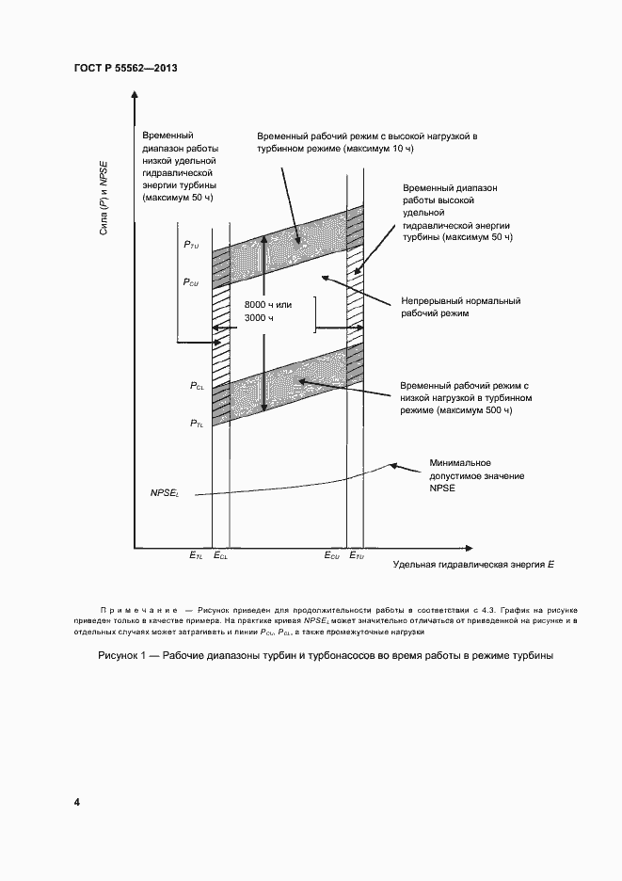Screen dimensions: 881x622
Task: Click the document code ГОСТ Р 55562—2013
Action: (x=125, y=69)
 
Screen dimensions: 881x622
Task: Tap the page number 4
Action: (x=77, y=802)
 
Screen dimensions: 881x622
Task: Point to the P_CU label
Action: (x=191, y=281)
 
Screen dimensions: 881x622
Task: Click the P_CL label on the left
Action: (x=197, y=386)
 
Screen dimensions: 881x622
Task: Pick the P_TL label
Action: (x=197, y=424)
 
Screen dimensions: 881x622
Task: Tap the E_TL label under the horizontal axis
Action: (x=197, y=557)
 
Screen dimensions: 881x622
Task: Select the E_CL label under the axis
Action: (x=221, y=557)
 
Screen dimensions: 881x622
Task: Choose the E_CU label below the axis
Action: (x=332, y=557)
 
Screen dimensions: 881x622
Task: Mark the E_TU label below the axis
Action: (x=358, y=557)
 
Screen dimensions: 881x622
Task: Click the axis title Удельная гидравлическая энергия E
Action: (x=473, y=564)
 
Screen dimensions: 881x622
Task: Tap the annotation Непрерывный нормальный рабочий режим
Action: (x=460, y=308)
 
